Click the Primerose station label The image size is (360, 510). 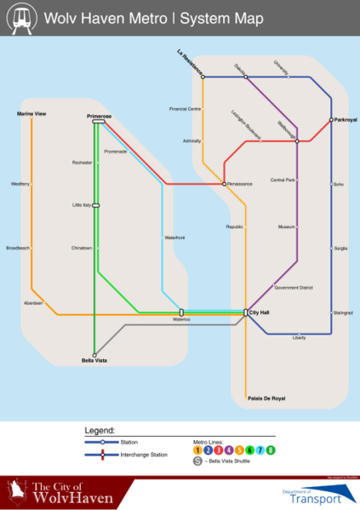[x=100, y=115]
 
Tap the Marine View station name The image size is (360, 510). [x=31, y=112]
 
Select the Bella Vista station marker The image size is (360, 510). [x=94, y=354]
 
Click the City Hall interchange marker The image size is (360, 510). [x=245, y=313]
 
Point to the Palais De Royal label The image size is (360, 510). [x=266, y=398]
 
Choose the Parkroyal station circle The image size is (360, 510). [x=331, y=120]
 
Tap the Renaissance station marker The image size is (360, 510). [x=224, y=184]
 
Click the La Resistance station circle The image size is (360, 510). [x=203, y=77]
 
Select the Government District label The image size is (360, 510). [x=294, y=288]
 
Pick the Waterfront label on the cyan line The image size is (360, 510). [x=174, y=237]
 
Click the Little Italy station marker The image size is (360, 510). [x=96, y=205]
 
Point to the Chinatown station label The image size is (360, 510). [x=82, y=248]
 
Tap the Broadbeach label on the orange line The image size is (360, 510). [x=18, y=248]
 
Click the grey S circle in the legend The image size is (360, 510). [x=197, y=461]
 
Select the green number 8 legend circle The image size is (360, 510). [x=271, y=449]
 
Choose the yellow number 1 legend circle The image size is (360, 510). [x=197, y=449]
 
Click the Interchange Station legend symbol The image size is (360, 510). [x=102, y=455]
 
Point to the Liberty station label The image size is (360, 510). [x=299, y=339]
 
